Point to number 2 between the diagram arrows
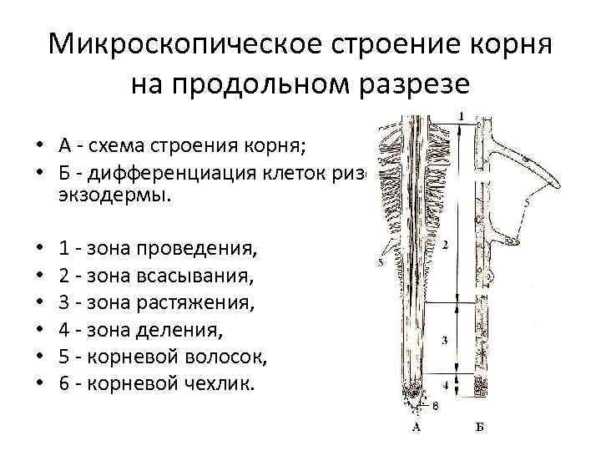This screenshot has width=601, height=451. [446, 245]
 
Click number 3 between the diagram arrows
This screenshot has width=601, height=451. [446, 340]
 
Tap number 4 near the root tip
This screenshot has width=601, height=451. [446, 386]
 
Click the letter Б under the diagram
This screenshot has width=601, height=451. [479, 428]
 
